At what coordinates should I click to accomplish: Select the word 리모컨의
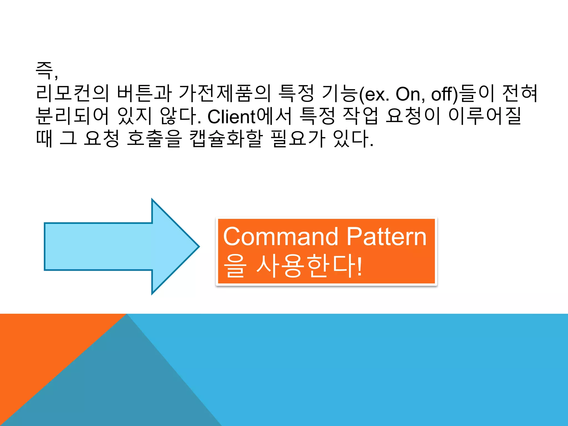pyautogui.click(x=72, y=93)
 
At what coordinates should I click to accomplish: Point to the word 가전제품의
pyautogui.click(x=225, y=93)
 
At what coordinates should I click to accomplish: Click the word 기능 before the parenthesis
pyautogui.click(x=339, y=93)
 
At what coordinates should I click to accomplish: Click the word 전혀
pyautogui.click(x=520, y=93)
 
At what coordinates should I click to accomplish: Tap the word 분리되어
pyautogui.click(x=72, y=116)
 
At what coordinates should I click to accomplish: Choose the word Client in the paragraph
pyautogui.click(x=231, y=116)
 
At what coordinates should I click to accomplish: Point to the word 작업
pyautogui.click(x=361, y=116)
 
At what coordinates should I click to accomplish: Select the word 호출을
pyautogui.click(x=154, y=138)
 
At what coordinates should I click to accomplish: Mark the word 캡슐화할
pyautogui.click(x=226, y=138)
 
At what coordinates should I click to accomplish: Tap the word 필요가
pyautogui.click(x=298, y=138)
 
